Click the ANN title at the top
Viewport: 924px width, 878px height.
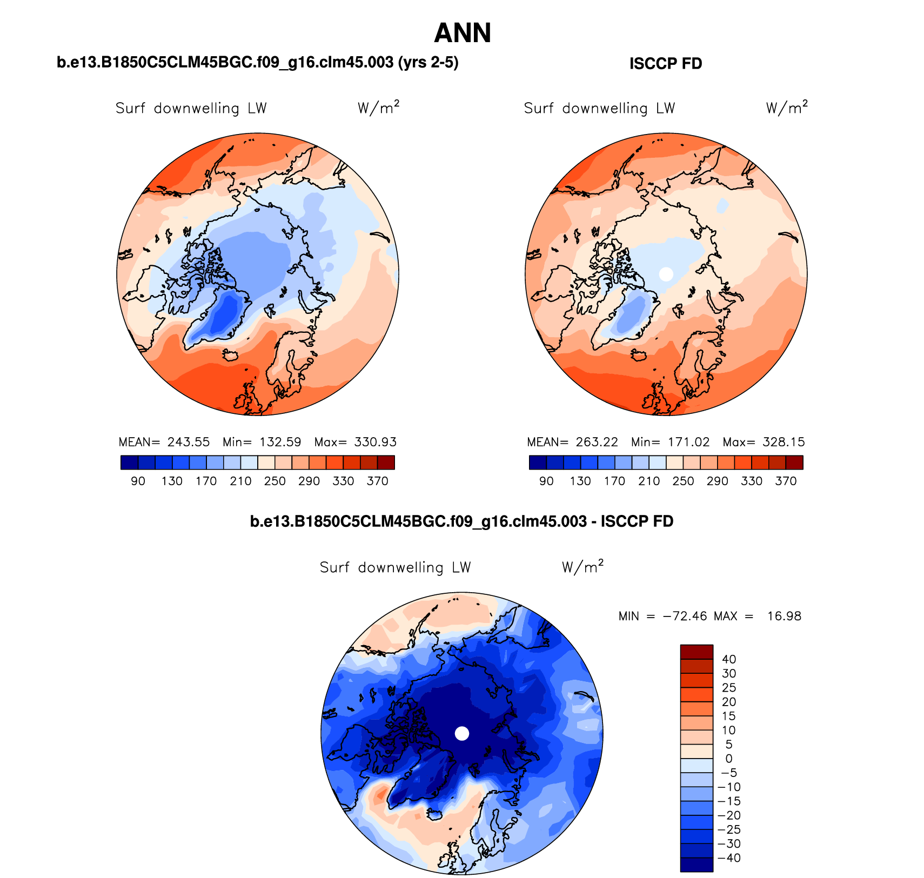click(462, 33)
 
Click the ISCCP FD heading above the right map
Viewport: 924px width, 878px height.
click(665, 64)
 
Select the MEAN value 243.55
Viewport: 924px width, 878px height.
click(188, 442)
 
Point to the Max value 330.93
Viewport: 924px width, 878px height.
click(375, 442)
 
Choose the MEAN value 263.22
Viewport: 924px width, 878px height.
click(597, 442)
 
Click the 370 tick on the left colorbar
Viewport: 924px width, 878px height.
click(377, 481)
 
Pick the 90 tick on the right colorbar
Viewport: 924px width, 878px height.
click(546, 481)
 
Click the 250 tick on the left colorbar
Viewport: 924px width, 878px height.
click(274, 481)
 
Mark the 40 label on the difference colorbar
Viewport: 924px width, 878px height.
click(729, 659)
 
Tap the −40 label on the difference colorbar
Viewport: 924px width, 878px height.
click(729, 858)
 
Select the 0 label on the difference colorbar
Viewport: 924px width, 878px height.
click(729, 759)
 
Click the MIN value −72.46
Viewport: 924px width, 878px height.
click(685, 616)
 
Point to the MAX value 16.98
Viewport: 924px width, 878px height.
click(784, 616)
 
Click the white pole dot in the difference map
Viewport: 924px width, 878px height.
click(462, 733)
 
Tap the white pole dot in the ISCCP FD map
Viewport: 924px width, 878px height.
click(666, 274)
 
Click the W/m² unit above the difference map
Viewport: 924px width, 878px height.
click(582, 567)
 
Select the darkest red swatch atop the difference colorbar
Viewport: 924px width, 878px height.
click(697, 652)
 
